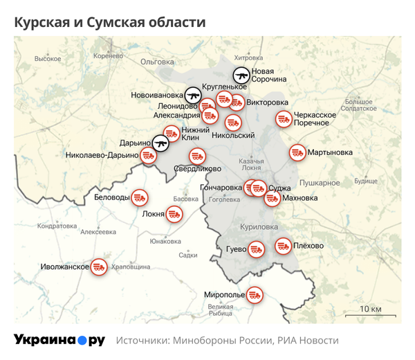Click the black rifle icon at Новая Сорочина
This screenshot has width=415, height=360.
pyautogui.click(x=241, y=75)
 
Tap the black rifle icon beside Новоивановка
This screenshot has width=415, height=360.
pyautogui.click(x=193, y=93)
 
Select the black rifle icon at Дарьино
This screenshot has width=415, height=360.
pyautogui.click(x=161, y=142)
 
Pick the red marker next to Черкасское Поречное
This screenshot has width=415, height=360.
pyautogui.click(x=283, y=119)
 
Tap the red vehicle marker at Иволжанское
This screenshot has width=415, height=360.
pyautogui.click(x=99, y=267)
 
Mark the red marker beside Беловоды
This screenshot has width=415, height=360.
pyautogui.click(x=139, y=197)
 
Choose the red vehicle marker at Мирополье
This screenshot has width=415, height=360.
pyautogui.click(x=255, y=295)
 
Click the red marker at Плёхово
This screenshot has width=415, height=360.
pyautogui.click(x=284, y=245)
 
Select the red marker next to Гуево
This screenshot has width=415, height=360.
pyautogui.click(x=257, y=249)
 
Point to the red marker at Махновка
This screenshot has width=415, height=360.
pyautogui.click(x=273, y=198)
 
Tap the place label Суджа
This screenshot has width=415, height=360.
pyautogui.click(x=280, y=187)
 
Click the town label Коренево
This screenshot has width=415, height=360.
pyautogui.click(x=106, y=55)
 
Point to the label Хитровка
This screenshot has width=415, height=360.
pyautogui.click(x=249, y=57)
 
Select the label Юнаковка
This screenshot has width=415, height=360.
pyautogui.click(x=165, y=241)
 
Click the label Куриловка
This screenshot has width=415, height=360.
pyautogui.click(x=258, y=226)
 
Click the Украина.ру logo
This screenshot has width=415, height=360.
pyautogui.click(x=59, y=340)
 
